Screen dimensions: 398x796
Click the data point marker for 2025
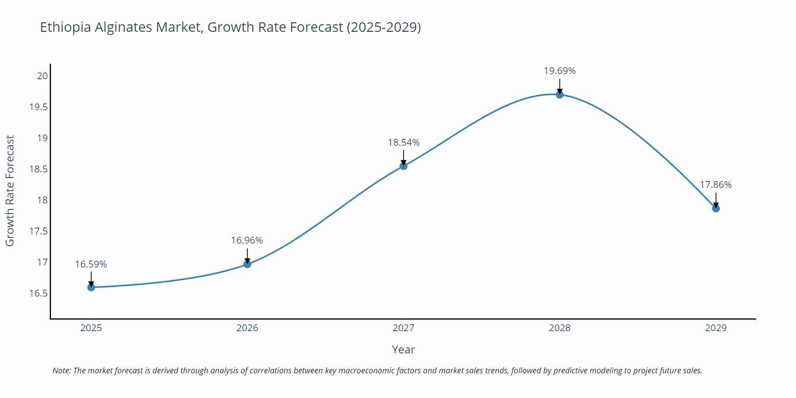(91, 287)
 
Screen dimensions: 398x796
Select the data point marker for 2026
(247, 264)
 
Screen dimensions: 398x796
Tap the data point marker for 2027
(404, 166)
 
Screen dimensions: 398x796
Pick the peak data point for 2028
(560, 94)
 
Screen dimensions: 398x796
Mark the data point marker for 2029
(716, 208)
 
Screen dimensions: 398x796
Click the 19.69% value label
(560, 71)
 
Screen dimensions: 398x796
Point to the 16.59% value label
(91, 264)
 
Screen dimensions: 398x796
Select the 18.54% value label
(404, 142)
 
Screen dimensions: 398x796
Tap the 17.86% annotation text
(716, 185)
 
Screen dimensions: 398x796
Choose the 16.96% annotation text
(247, 240)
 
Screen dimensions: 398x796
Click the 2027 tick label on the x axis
(404, 328)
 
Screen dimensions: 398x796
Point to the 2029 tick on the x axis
(716, 328)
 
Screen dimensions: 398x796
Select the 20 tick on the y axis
(42, 76)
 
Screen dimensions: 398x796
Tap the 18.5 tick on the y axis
(39, 169)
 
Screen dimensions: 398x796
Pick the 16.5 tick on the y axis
(39, 293)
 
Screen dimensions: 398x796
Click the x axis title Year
(403, 349)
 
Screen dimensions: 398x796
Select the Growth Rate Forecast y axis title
(10, 191)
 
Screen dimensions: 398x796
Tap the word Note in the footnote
(61, 371)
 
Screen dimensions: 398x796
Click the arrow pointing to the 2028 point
(560, 85)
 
